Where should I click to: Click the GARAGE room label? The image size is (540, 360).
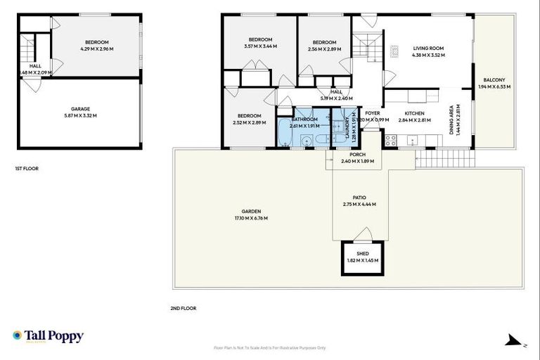coord(79,109)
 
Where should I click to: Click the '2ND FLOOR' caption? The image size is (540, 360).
coord(183,308)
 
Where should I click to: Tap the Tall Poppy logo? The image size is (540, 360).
coord(48,336)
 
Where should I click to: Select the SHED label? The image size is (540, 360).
coord(362,253)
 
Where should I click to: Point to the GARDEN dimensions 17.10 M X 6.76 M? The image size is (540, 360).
coord(251,218)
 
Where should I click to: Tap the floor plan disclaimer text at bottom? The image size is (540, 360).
coord(270,347)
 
